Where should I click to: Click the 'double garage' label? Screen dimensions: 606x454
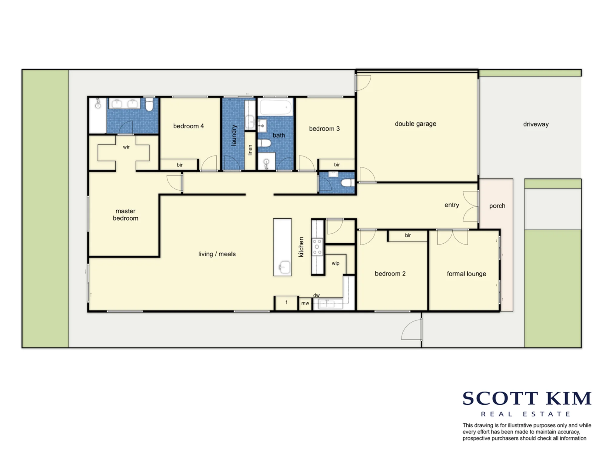pos(415,124)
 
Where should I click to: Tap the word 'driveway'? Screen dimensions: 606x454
pos(536,124)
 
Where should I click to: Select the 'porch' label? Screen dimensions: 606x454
pos(497,206)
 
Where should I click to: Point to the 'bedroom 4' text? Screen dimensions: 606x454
pos(188,126)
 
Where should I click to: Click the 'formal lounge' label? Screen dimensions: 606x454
pos(466,274)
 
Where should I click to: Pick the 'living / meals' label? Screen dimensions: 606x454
pos(217,254)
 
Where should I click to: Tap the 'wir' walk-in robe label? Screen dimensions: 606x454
pos(126,147)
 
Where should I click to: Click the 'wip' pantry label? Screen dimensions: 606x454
pos(335,263)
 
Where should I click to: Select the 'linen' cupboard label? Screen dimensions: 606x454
pos(250,150)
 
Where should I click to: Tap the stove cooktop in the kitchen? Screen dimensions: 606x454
pos(317,247)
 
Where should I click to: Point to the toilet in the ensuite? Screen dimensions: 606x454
pos(149,104)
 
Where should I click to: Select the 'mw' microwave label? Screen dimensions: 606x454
pos(305,303)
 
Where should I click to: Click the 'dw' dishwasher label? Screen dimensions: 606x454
pos(316,295)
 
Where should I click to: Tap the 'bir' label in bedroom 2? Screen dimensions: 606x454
pos(408,235)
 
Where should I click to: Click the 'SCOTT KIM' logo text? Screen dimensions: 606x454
pos(527,398)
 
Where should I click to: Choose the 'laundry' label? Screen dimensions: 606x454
pos(234,135)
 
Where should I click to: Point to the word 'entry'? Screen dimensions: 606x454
pos(452,205)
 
